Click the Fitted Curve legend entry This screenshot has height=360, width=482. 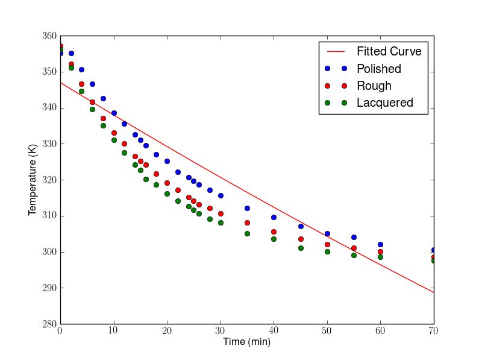click(x=389, y=51)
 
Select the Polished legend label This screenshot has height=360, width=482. click(x=378, y=69)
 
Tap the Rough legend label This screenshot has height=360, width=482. click(x=374, y=86)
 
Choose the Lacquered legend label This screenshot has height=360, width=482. click(x=384, y=103)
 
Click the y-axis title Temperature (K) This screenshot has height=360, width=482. click(x=33, y=180)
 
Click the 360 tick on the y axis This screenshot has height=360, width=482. click(x=48, y=36)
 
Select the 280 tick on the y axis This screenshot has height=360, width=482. click(x=48, y=324)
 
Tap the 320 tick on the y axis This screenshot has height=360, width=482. click(x=48, y=180)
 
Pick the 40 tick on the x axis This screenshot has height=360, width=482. click(x=274, y=331)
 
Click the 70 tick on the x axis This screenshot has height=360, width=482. click(x=433, y=331)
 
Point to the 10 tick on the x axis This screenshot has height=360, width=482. click(x=113, y=331)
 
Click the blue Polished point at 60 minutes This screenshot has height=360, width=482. click(x=380, y=244)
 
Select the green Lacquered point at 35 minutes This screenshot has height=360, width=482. click(x=247, y=233)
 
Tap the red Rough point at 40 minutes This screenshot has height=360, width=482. click(x=274, y=232)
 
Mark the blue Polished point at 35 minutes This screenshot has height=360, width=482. click(x=247, y=208)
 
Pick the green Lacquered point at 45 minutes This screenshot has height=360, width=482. click(x=301, y=248)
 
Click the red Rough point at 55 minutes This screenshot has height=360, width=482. click(x=354, y=248)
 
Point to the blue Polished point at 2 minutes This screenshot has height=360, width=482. click(x=71, y=53)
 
